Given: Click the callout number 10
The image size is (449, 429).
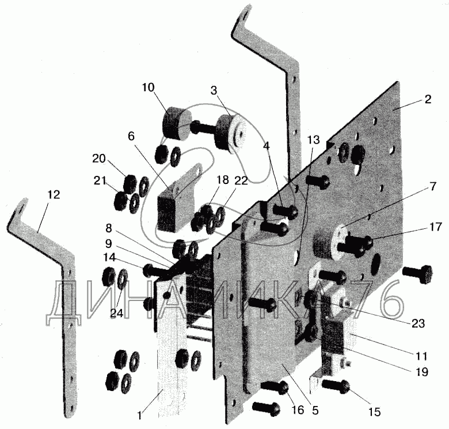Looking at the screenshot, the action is [148, 88].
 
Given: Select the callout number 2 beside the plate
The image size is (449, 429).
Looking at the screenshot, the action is [428, 100].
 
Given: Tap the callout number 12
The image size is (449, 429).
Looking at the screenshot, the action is [54, 195].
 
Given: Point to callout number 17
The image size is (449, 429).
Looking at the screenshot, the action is [436, 227].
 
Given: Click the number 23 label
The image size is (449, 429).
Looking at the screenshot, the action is [418, 323].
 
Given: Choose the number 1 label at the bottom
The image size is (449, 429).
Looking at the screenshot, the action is [139, 416].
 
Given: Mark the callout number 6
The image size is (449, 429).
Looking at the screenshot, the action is [131, 137].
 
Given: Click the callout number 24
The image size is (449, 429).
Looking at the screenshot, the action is [116, 314].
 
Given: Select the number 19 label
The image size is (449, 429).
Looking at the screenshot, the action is [421, 372].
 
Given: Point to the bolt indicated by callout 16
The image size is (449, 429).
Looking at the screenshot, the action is [275, 387].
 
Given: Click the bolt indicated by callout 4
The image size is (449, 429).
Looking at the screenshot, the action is [285, 211].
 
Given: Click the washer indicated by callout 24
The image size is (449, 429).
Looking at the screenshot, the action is [123, 279].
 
